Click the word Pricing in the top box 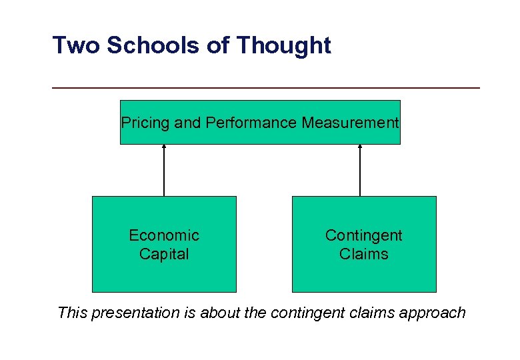click(x=141, y=123)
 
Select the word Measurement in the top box click(x=350, y=123)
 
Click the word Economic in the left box click(x=164, y=235)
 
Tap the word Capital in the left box click(x=164, y=254)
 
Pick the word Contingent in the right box click(x=363, y=235)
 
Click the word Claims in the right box click(x=363, y=254)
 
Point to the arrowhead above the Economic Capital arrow click(x=164, y=147)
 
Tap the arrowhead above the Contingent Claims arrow click(x=360, y=147)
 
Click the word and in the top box click(x=191, y=123)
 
